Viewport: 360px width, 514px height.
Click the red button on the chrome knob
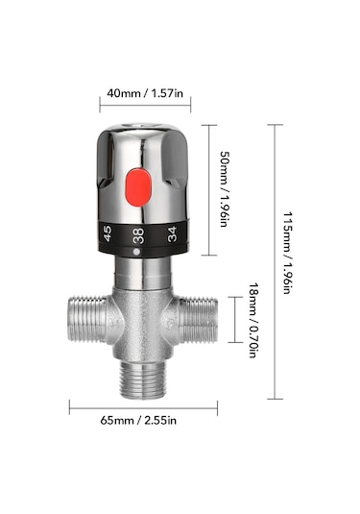click(x=138, y=187)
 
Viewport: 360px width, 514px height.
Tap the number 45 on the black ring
click(x=108, y=233)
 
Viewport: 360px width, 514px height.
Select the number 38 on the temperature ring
click(x=138, y=235)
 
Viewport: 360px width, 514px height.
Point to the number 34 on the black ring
click(x=172, y=234)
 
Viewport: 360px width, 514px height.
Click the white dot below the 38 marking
click(x=136, y=252)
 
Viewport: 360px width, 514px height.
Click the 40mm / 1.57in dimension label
click(x=145, y=93)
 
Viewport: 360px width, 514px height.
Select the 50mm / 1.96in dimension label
click(x=224, y=189)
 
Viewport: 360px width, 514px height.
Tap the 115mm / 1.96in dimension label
click(x=287, y=253)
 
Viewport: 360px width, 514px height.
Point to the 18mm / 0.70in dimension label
click(x=252, y=320)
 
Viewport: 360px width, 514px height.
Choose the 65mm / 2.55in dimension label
click(x=138, y=420)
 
